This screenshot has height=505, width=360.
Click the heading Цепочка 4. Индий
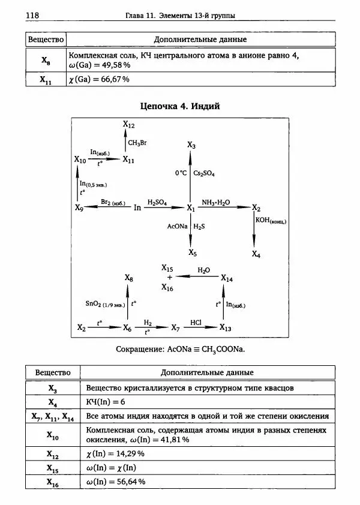pyautogui.click(x=180, y=106)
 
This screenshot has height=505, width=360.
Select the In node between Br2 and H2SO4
pyautogui.click(x=137, y=208)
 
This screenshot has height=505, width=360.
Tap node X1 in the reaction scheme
pyautogui.click(x=191, y=208)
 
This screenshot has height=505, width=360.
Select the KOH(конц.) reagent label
pyautogui.click(x=271, y=221)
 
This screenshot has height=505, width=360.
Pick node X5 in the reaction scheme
pyautogui.click(x=191, y=252)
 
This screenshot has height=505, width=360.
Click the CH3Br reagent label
pyautogui.click(x=137, y=142)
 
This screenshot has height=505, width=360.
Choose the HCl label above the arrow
pyautogui.click(x=196, y=322)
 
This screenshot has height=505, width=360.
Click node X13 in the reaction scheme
pyautogui.click(x=225, y=327)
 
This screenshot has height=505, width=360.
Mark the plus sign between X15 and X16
pyautogui.click(x=169, y=278)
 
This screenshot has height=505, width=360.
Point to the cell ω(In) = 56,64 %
pyautogui.click(x=116, y=481)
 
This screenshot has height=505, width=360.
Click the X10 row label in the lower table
pyautogui.click(x=53, y=434)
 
